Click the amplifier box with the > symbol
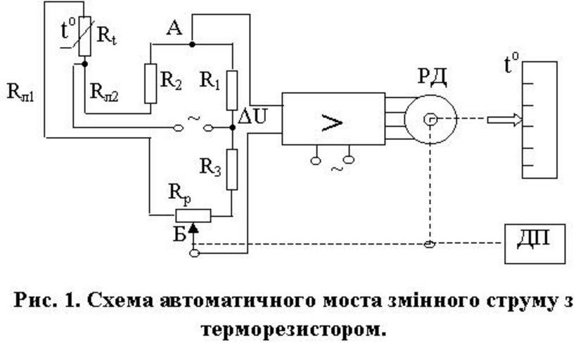pos(333,119)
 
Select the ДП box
pos(535,243)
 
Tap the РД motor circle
pos(430,120)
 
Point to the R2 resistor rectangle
pos(149,84)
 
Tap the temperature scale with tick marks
pos(541,119)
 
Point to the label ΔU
pos(252,117)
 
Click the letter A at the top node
pos(174,27)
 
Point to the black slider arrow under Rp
pos(194,226)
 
